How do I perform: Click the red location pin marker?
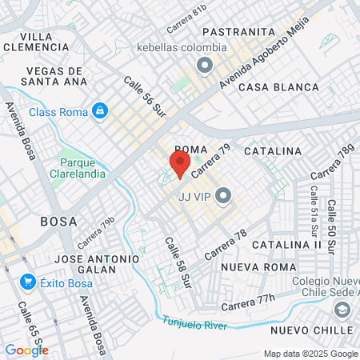tap(178, 164)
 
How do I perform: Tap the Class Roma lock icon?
tap(100, 110)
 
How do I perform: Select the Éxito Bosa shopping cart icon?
tap(28, 282)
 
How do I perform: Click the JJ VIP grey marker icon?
tap(223, 195)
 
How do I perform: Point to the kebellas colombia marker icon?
tap(204, 65)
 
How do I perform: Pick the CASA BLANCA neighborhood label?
tap(273, 86)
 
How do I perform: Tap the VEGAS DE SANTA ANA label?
tap(54, 75)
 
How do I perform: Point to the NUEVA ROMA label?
tap(254, 266)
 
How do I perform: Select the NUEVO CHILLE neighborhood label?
tap(311, 330)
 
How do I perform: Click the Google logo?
tap(26, 350)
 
